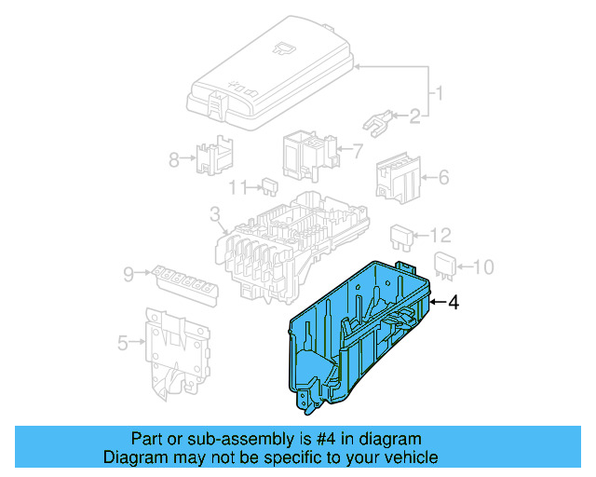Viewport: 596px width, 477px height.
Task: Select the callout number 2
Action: [414, 116]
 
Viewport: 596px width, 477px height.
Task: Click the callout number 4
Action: [454, 303]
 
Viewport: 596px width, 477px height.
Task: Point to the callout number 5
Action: [123, 344]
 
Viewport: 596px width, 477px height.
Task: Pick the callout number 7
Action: [357, 149]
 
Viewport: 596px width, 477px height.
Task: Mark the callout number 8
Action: [173, 159]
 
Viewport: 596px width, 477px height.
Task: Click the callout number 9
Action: [128, 274]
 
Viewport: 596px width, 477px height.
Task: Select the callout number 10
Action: [481, 268]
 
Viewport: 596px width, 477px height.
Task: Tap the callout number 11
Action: [237, 186]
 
